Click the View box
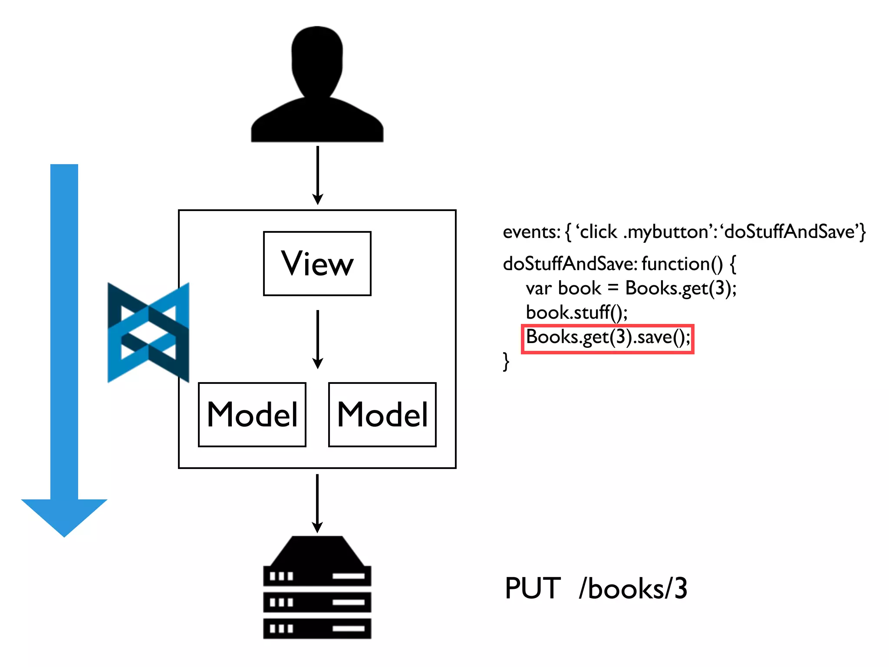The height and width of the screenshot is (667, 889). point(317,264)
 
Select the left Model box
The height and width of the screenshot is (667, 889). point(252,414)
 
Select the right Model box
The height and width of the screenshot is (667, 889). point(382,414)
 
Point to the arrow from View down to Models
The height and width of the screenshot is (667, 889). point(318,339)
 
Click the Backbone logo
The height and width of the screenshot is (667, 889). point(148,333)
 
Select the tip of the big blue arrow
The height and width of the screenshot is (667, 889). point(64,535)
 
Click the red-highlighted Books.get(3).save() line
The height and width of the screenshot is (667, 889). point(607,338)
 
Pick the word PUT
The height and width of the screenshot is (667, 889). point(533,589)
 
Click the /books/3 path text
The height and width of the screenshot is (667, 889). point(633,589)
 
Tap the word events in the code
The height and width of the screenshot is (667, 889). point(530,232)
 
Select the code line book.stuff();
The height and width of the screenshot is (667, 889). point(576,313)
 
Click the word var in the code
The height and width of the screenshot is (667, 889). point(538,289)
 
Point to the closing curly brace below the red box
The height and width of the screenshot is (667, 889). point(506,361)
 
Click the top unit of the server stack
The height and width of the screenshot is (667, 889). point(317,576)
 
